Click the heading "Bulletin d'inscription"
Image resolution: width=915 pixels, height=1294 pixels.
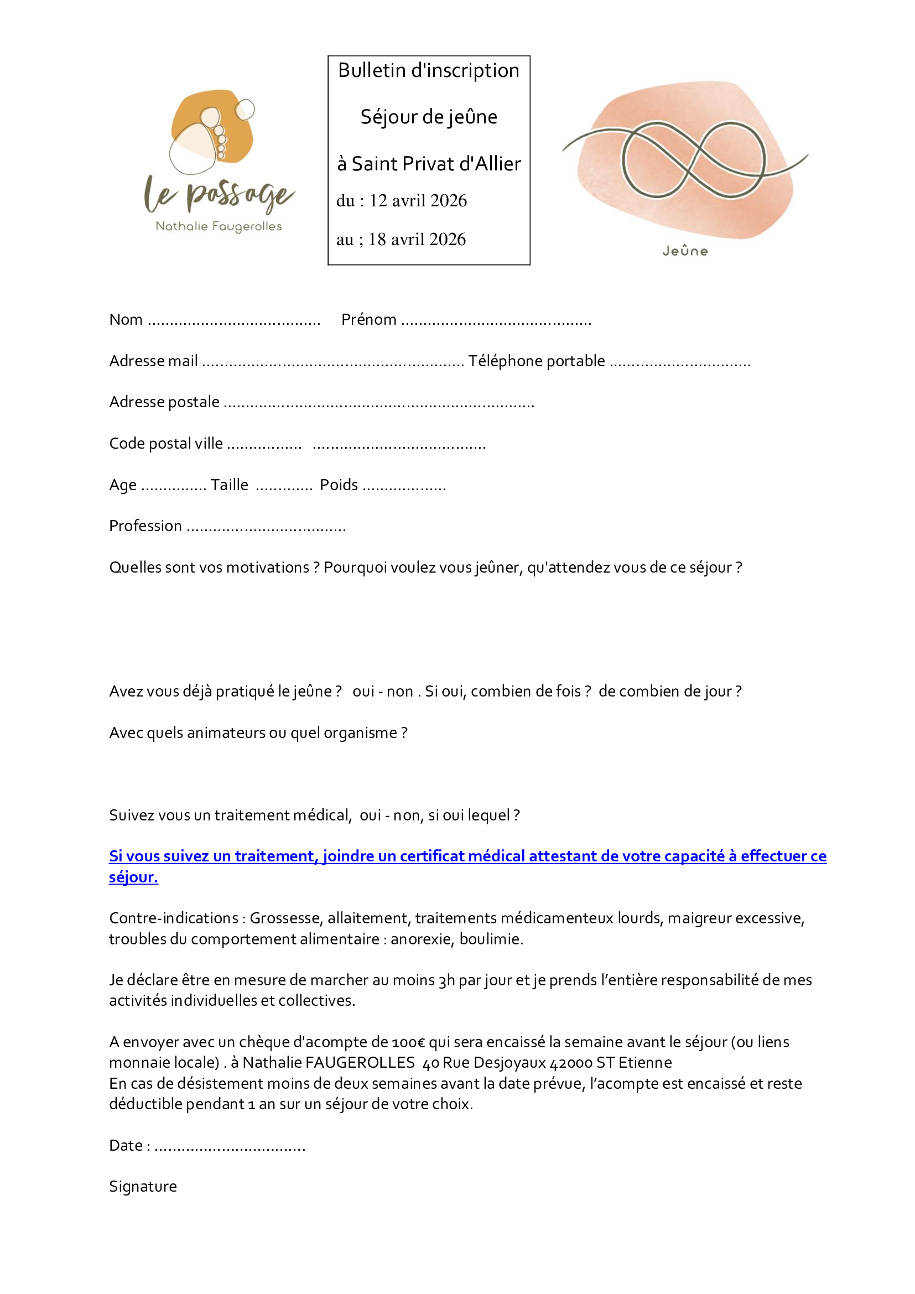(428, 71)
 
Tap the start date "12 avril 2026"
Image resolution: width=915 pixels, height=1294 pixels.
(418, 201)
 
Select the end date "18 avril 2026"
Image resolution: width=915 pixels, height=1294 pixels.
(417, 240)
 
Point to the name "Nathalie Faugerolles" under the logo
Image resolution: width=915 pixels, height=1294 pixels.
(219, 227)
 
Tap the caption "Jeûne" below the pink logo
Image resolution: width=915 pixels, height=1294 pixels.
(685, 251)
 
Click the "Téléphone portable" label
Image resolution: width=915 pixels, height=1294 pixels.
(537, 361)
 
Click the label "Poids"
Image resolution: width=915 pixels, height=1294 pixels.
(339, 485)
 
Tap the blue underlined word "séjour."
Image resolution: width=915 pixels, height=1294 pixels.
(133, 877)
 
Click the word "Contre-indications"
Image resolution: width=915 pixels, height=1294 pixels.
(174, 919)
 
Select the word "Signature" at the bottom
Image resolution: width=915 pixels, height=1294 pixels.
(143, 1187)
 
